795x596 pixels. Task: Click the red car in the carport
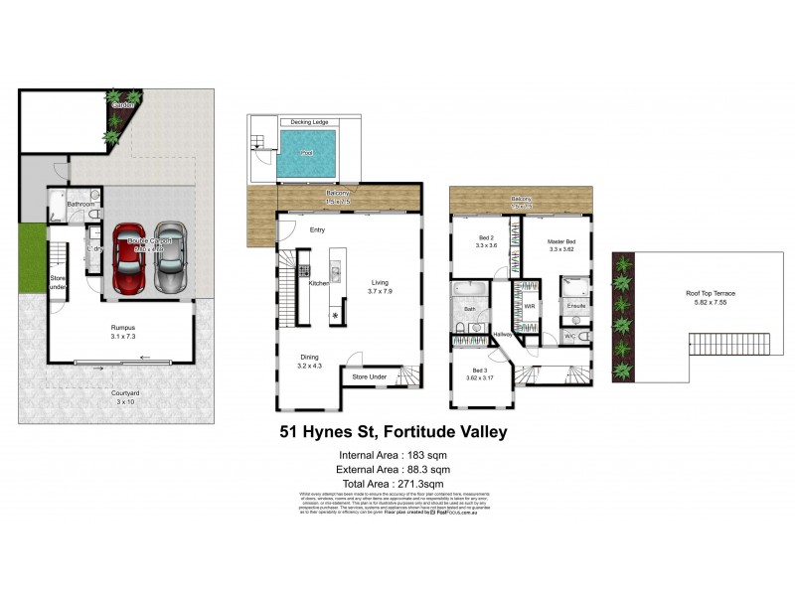pyautogui.click(x=130, y=260)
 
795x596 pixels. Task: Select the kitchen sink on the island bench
pyautogui.click(x=336, y=269)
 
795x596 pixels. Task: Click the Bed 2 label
pyautogui.click(x=486, y=239)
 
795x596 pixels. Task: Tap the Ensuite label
pyautogui.click(x=576, y=305)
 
